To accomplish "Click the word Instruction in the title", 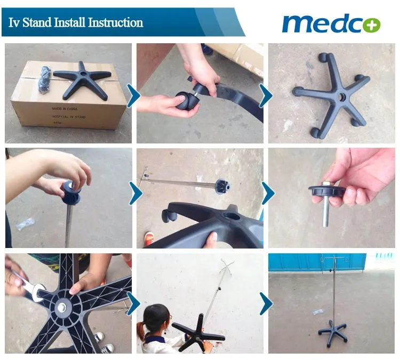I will pyautogui.click(x=115, y=22).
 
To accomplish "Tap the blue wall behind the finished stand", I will pyautogui.click(x=299, y=262).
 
